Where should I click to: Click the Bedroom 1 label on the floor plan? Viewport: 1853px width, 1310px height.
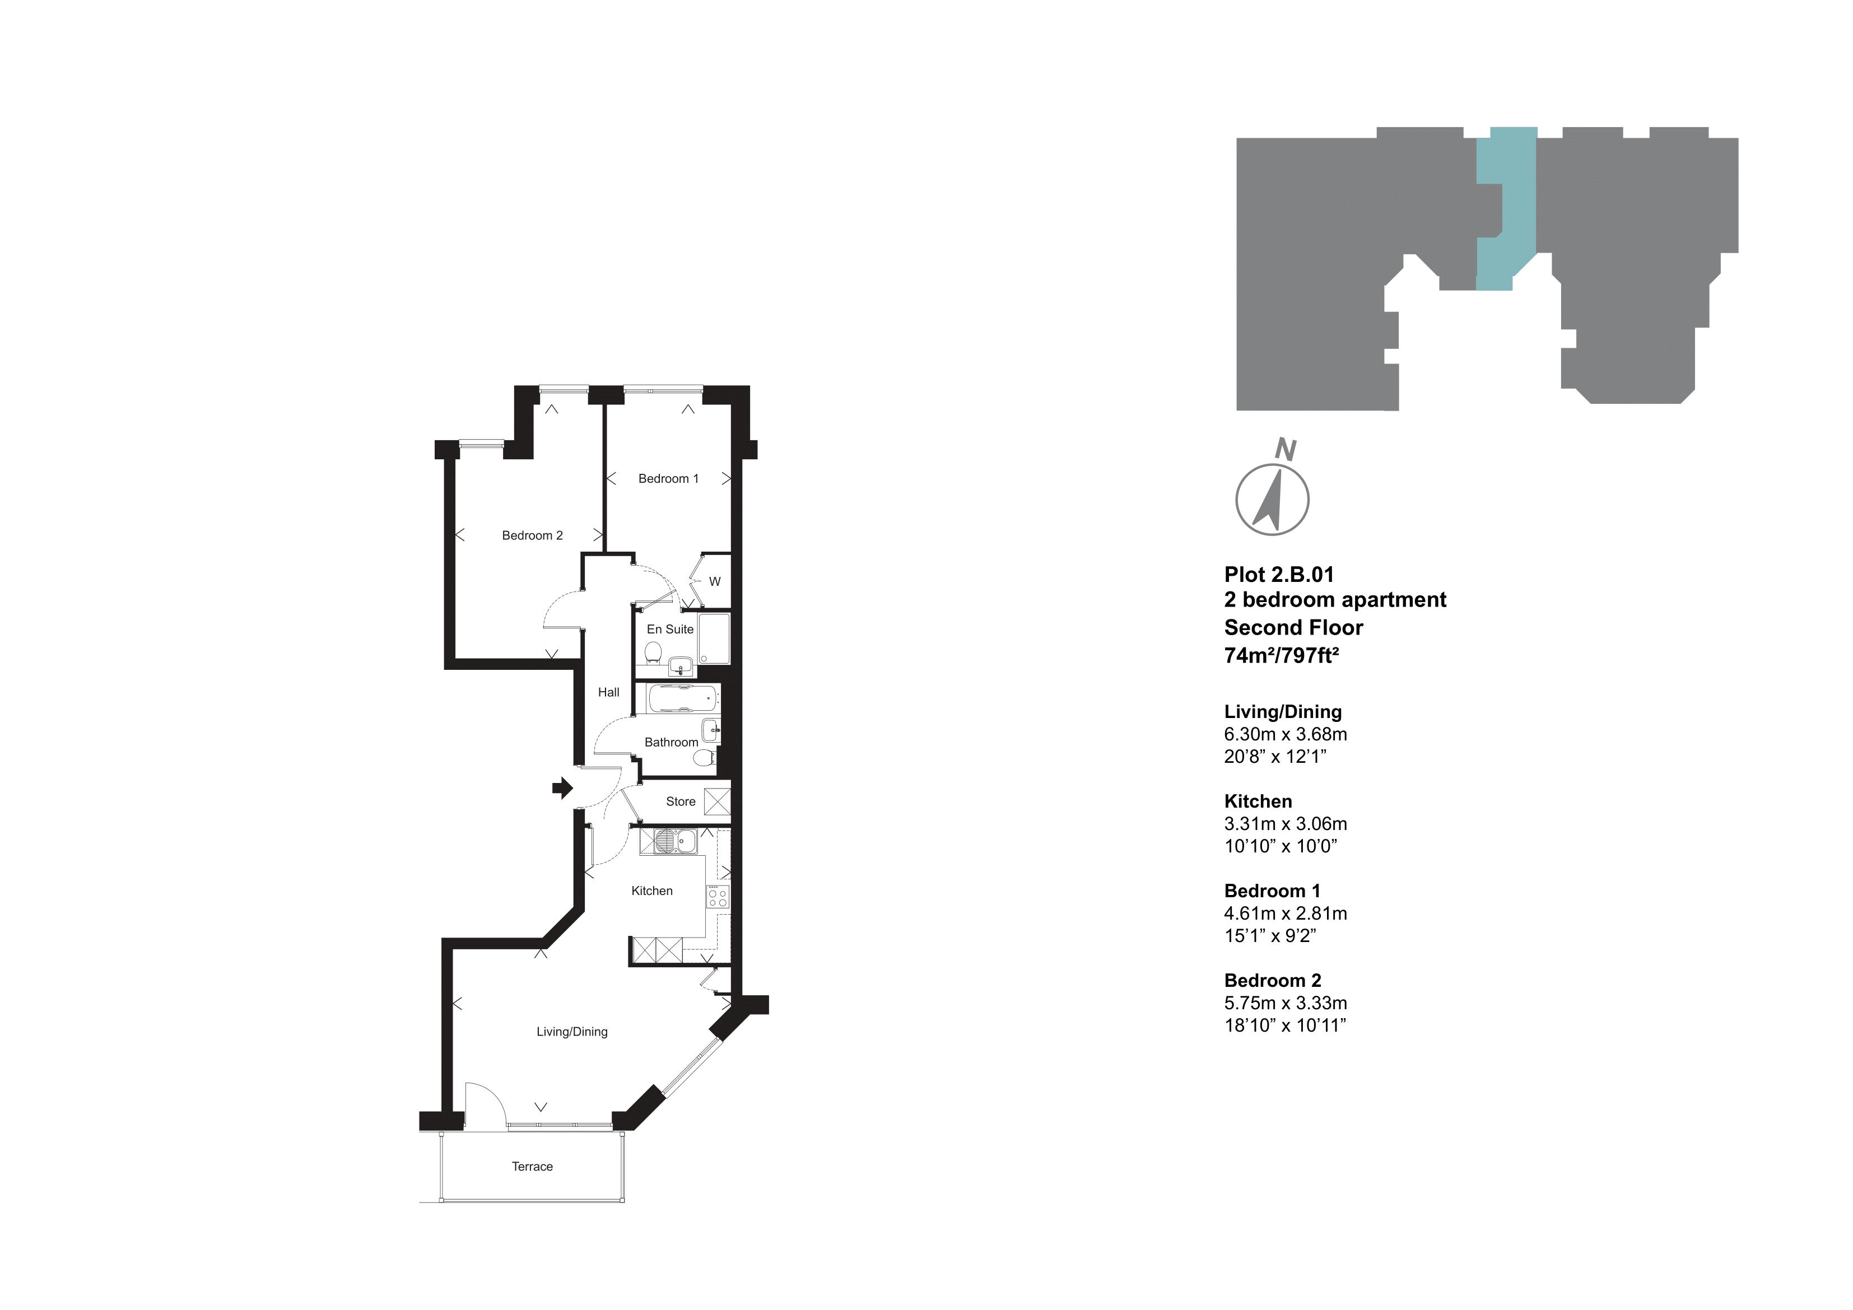pyautogui.click(x=668, y=479)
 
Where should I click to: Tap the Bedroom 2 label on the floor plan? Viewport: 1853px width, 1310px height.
pyautogui.click(x=532, y=535)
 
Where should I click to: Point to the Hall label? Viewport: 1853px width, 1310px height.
pyautogui.click(x=608, y=692)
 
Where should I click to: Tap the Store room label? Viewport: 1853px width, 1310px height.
pyautogui.click(x=681, y=801)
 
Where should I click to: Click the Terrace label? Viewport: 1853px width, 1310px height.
pyautogui.click(x=532, y=1166)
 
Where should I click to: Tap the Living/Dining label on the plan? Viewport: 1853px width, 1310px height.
pyautogui.click(x=571, y=1032)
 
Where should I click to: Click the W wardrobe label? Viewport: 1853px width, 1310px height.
pyautogui.click(x=714, y=581)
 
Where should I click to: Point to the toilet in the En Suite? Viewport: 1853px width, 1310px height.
pyautogui.click(x=654, y=651)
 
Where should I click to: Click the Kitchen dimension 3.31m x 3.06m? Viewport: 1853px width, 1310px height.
pyautogui.click(x=1285, y=824)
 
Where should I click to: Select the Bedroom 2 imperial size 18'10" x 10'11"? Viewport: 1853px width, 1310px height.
pyautogui.click(x=1285, y=1025)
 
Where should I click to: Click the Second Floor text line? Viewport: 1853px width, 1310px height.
pyautogui.click(x=1293, y=627)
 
